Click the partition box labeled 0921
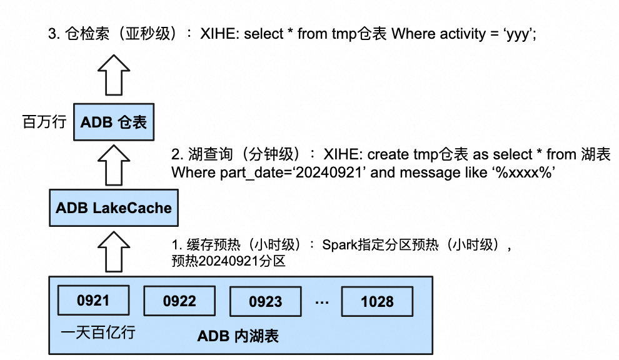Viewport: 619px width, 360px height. point(93,301)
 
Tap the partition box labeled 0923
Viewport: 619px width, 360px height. point(266,302)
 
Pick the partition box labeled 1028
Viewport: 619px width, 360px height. point(377,302)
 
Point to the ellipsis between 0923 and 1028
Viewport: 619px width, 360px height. point(322,302)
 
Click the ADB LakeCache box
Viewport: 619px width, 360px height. point(114,208)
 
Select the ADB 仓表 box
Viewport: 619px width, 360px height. point(113,122)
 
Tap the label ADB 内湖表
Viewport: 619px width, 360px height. point(238,336)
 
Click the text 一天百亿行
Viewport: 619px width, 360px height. point(98,332)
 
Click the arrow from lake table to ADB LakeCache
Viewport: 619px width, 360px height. point(113,250)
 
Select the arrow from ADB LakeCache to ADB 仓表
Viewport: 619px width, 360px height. point(113,164)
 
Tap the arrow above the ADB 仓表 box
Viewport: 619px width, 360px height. point(113,74)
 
